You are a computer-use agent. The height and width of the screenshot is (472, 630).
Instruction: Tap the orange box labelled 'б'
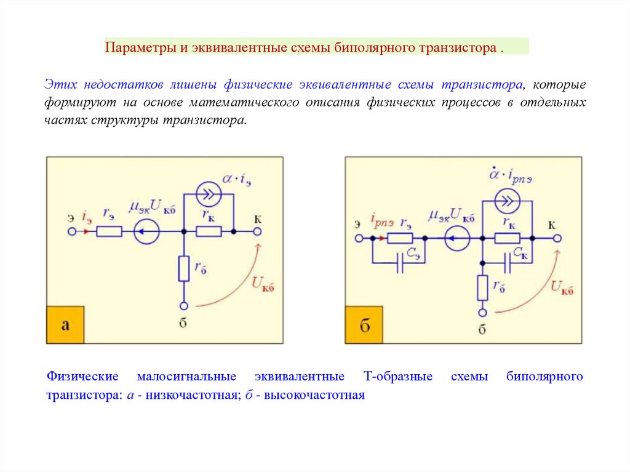click(x=364, y=325)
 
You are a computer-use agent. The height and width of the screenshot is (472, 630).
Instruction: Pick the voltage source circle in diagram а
click(x=146, y=232)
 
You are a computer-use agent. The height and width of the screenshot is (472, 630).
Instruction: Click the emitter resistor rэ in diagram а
click(x=110, y=232)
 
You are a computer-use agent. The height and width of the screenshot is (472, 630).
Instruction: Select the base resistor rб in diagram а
click(x=183, y=269)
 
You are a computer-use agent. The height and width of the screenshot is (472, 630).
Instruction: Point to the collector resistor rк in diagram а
click(x=209, y=232)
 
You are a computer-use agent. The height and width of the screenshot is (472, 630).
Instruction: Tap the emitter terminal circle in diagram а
click(x=71, y=232)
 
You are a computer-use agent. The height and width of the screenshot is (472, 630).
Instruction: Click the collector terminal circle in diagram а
click(x=257, y=232)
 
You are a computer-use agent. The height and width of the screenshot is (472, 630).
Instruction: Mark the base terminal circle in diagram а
click(x=183, y=306)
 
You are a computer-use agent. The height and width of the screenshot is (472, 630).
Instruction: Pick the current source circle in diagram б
click(x=508, y=201)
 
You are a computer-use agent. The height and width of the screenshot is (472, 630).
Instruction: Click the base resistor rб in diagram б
click(x=482, y=287)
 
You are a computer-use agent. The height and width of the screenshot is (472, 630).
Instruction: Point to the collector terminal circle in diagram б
click(x=557, y=238)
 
